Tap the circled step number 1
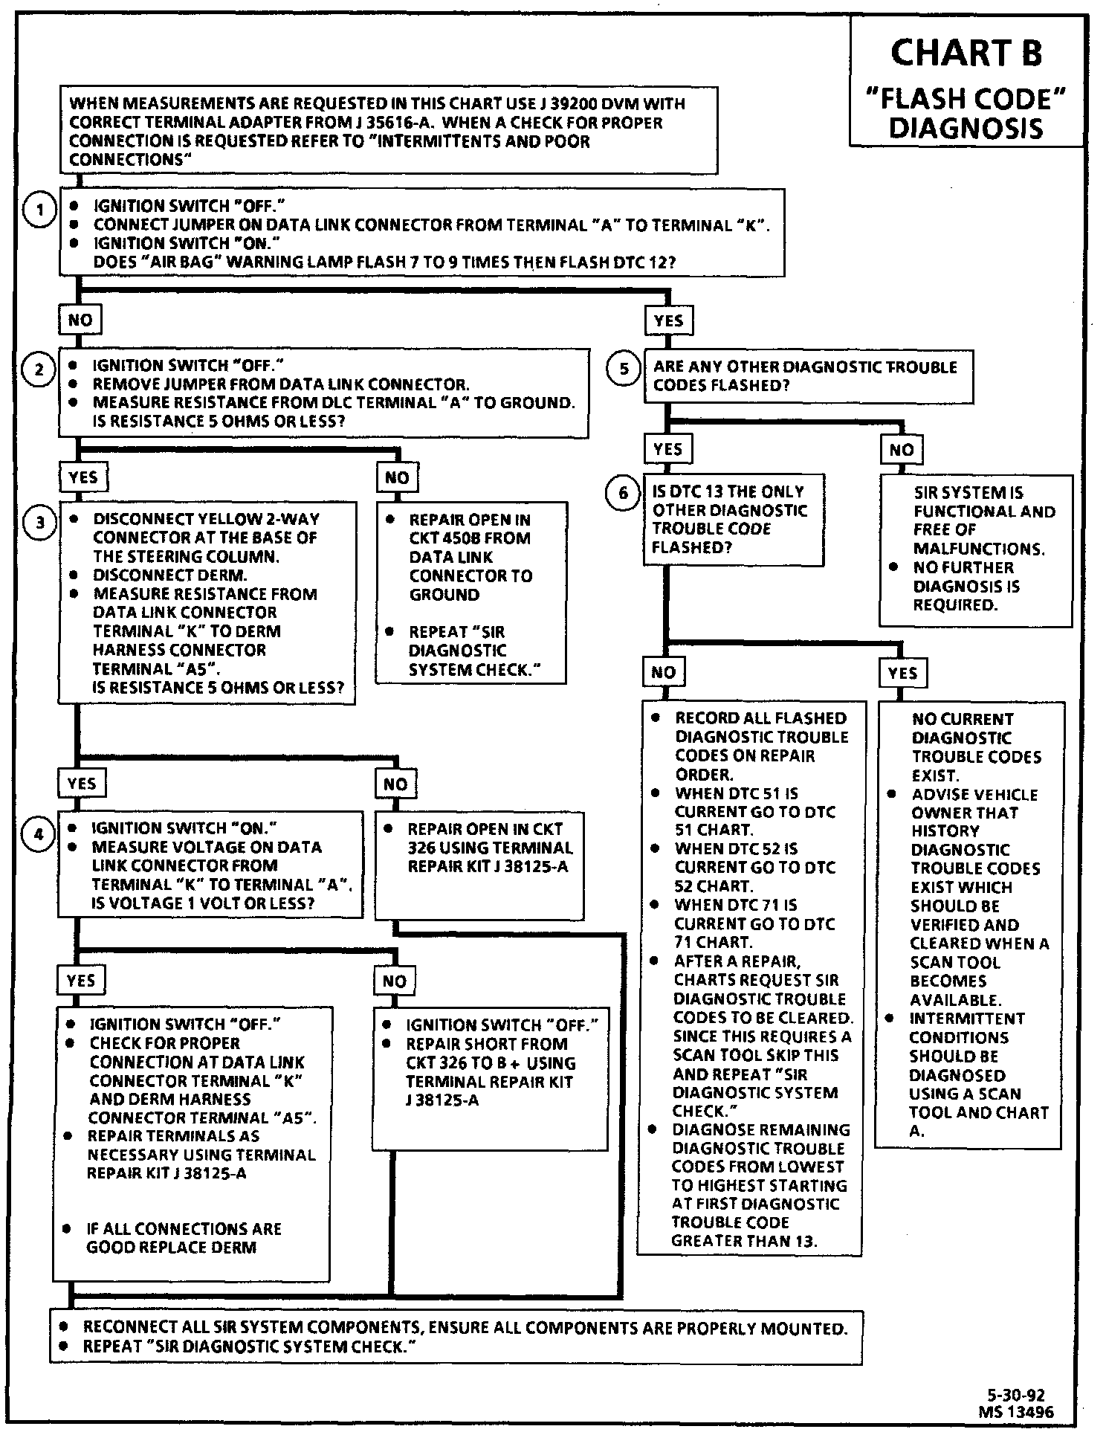tap(39, 210)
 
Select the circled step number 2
tap(39, 370)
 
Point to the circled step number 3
tap(40, 523)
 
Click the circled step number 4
tap(39, 834)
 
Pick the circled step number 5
tap(624, 370)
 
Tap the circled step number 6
tap(623, 493)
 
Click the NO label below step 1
tap(80, 320)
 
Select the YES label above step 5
tap(668, 320)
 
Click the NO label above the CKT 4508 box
tap(397, 477)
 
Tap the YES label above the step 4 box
tap(81, 783)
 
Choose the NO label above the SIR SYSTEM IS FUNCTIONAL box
tap(901, 449)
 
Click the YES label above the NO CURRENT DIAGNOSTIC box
tap(902, 673)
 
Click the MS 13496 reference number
tap(1016, 1411)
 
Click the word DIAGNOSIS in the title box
tap(966, 128)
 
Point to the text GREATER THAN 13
tap(743, 1241)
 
